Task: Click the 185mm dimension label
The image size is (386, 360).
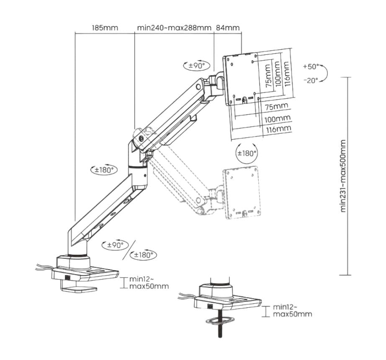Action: click(105, 28)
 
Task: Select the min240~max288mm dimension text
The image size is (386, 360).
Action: click(174, 28)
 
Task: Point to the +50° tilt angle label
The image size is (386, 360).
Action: click(311, 66)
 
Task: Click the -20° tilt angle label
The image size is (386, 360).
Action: click(310, 80)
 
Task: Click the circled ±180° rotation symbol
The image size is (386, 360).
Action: click(247, 153)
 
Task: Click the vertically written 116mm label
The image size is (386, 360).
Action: click(286, 73)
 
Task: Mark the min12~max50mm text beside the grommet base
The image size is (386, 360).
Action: click(292, 311)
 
